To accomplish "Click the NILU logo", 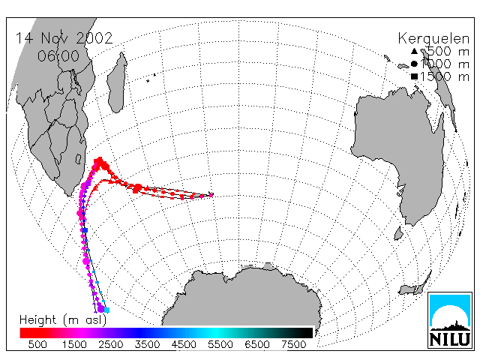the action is point(450,320).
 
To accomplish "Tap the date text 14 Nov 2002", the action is point(64,38).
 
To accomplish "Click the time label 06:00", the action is point(58,56).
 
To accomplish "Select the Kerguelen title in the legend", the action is point(433,39).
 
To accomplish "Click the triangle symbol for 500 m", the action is point(414,51).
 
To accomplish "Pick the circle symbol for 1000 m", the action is point(414,64).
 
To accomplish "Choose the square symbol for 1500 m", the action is point(414,76).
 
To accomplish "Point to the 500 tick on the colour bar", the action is point(37,345).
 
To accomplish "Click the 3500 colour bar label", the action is point(147,345).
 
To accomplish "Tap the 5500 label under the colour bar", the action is point(220,345).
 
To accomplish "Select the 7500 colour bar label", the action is point(293,345).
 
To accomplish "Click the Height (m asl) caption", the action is point(63,320).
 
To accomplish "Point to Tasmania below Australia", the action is point(398,233).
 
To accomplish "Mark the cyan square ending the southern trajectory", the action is point(106,310).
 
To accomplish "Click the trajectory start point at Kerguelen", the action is point(211,195).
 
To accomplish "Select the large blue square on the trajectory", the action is point(85,230).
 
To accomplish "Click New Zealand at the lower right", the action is point(415,286).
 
